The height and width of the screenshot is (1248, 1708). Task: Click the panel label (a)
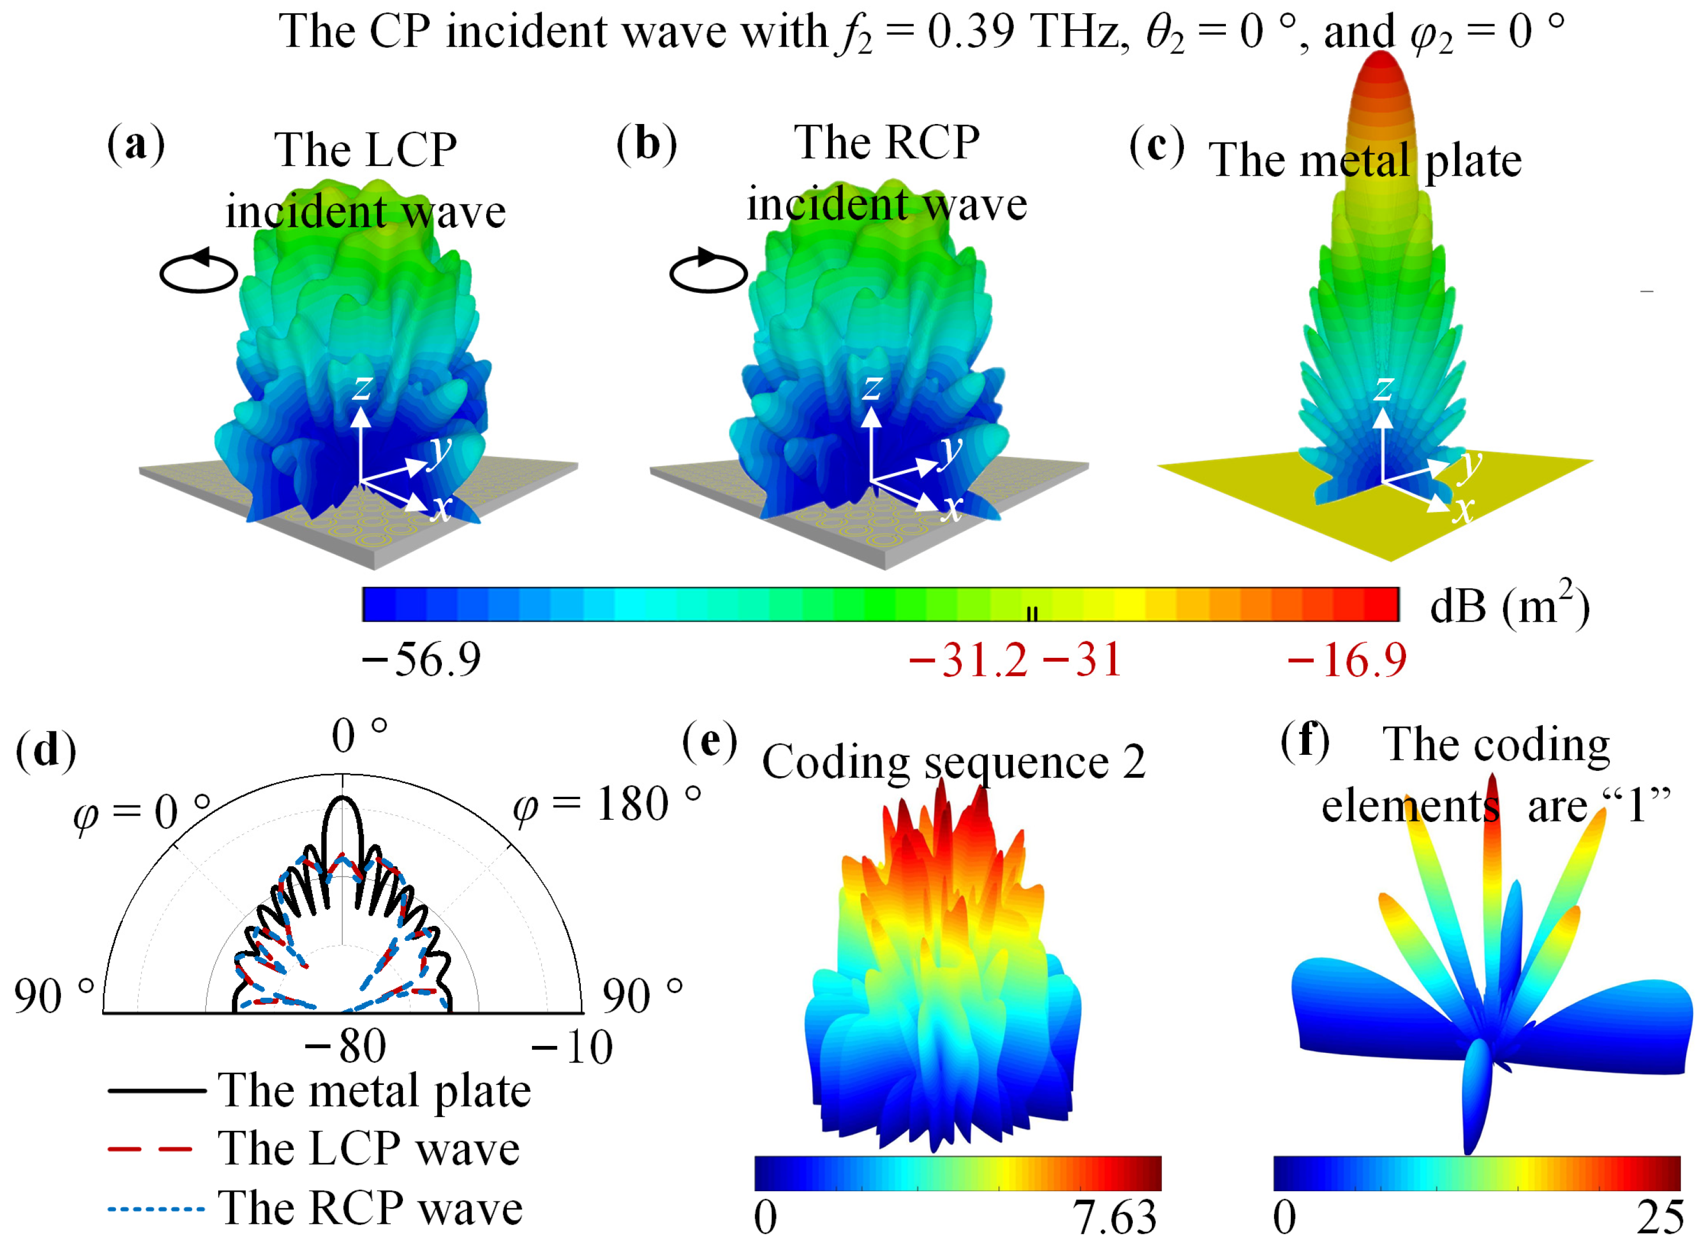pos(135,144)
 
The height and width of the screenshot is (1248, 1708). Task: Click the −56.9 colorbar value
pos(421,660)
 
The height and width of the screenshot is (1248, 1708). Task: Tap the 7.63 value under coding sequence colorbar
pos(1114,1217)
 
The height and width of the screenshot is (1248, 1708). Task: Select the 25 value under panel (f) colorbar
pos(1659,1217)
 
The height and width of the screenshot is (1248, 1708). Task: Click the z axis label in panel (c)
pos(1383,387)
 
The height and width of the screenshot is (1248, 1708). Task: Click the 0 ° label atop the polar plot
pos(359,735)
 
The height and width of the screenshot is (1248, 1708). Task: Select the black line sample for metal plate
pos(156,1091)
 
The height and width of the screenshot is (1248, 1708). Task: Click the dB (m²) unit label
pos(1509,605)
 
